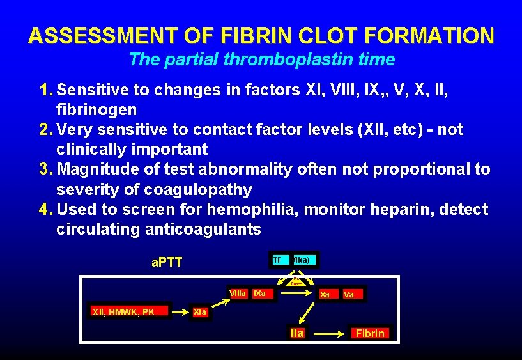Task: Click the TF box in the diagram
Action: [x=277, y=260]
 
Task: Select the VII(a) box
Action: [x=302, y=260]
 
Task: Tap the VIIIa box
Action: [x=238, y=294]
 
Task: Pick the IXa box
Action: [x=260, y=294]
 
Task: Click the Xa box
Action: [x=325, y=295]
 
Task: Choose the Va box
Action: [x=349, y=295]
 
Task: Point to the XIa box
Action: [x=200, y=312]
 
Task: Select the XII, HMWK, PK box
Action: [x=123, y=312]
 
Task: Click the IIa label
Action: [x=297, y=333]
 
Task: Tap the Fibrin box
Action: [x=370, y=333]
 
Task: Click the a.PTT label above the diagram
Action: [x=167, y=262]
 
